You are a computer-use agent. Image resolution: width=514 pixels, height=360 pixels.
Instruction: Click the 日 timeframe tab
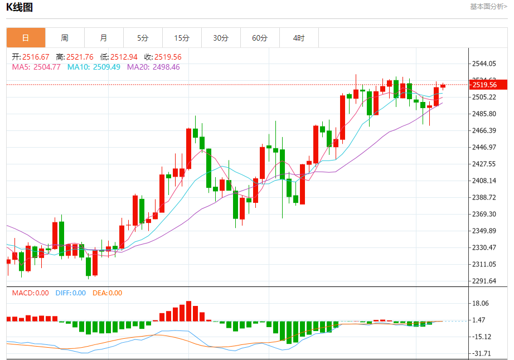tap(26, 38)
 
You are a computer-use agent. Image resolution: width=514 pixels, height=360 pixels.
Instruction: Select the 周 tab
tap(65, 38)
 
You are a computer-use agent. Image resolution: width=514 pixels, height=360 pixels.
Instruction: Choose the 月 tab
tap(104, 38)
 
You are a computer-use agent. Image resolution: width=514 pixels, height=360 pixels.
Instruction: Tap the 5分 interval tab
tap(143, 38)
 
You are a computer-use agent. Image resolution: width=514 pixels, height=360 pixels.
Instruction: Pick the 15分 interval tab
tap(182, 38)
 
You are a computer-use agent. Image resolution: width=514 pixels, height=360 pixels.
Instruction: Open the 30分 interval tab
tap(221, 38)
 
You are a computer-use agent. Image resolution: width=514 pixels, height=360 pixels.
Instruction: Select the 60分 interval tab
tap(260, 38)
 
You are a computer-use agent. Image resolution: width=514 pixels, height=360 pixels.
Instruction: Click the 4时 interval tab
tap(299, 38)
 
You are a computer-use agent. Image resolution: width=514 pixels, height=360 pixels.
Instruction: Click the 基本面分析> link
tap(488, 7)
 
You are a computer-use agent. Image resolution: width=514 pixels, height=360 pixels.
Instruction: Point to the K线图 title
tap(20, 7)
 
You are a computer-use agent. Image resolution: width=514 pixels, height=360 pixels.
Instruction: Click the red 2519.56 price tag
tap(488, 85)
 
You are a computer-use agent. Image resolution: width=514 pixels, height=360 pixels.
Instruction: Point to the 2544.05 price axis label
tap(484, 64)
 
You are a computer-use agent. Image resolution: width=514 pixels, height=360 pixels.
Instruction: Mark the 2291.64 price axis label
tap(484, 281)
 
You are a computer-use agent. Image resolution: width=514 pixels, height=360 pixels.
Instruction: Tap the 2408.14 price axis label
tap(484, 181)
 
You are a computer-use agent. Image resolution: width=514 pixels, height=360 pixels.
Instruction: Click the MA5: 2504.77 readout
tap(36, 67)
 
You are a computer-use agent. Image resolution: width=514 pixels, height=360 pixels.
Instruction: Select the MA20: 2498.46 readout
tap(153, 67)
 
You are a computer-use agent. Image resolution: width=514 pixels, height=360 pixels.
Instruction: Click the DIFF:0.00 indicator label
tap(71, 293)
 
